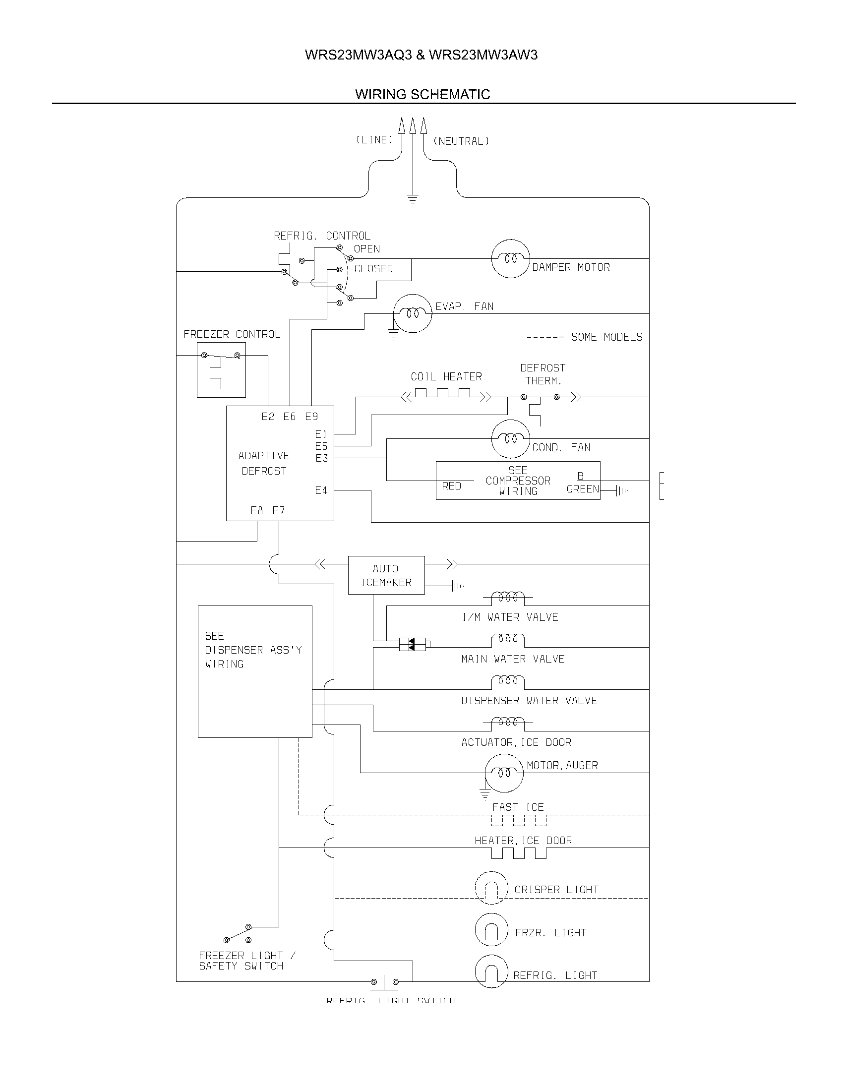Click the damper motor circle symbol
tap(510, 259)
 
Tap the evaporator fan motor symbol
tap(412, 314)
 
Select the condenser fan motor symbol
tap(510, 439)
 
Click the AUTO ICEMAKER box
tap(386, 575)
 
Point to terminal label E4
tap(321, 490)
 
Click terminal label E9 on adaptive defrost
tap(311, 417)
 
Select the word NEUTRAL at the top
tap(461, 141)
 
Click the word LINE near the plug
tap(374, 140)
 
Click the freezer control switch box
tap(221, 370)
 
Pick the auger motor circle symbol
tap(504, 773)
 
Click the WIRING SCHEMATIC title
tap(422, 94)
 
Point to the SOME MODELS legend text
tap(606, 337)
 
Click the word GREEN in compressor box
tap(582, 489)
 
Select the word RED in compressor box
tap(451, 486)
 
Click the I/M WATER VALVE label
tap(510, 617)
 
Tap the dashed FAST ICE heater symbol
tap(519, 820)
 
